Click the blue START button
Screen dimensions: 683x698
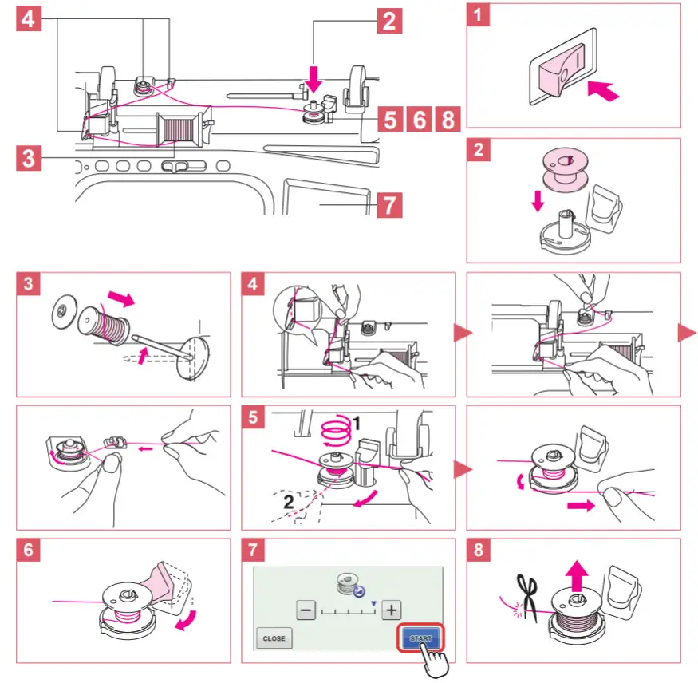click(420, 638)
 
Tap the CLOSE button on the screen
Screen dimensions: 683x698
click(274, 638)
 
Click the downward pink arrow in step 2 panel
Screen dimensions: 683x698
click(538, 200)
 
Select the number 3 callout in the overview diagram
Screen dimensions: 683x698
click(30, 157)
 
